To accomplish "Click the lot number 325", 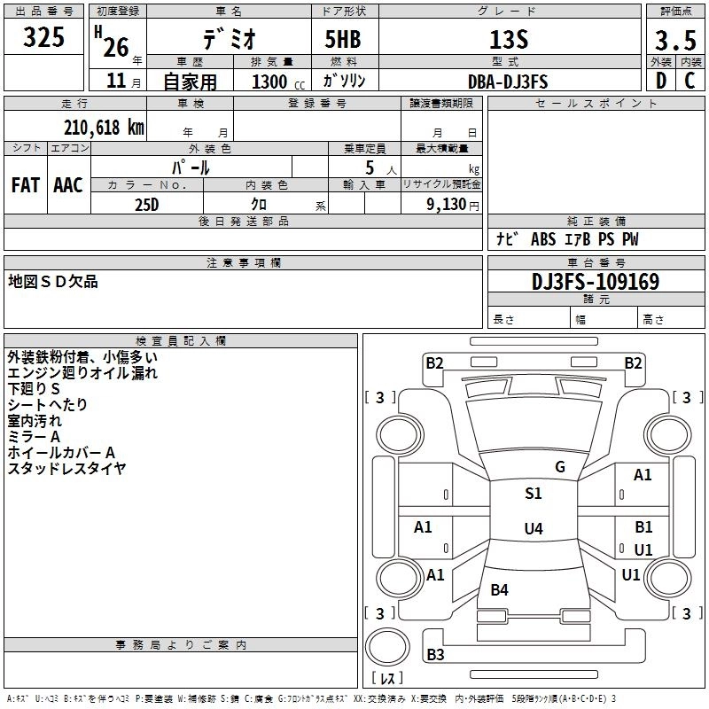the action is point(43,36).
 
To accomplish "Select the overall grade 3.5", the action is point(675,40).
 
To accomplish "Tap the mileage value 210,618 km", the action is point(104,128).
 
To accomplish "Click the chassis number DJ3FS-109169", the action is point(596,282).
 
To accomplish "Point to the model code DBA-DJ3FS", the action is point(508,82).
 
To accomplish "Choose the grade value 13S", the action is point(509,40).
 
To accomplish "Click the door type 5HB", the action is point(343,39).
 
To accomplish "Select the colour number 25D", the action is point(147,205).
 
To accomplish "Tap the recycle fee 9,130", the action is point(447,205).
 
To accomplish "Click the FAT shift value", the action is point(26,185).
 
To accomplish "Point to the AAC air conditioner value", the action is point(68,185).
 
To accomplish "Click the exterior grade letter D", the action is point(661,81).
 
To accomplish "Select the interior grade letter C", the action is point(690,81).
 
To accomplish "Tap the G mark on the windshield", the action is point(560,467).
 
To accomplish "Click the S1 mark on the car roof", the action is point(534,494).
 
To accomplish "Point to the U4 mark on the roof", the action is point(534,528).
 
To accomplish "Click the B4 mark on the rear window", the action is point(500,590).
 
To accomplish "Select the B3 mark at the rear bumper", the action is point(435,654).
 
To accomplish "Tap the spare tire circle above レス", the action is point(387,647).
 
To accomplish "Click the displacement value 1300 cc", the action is point(278,82).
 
